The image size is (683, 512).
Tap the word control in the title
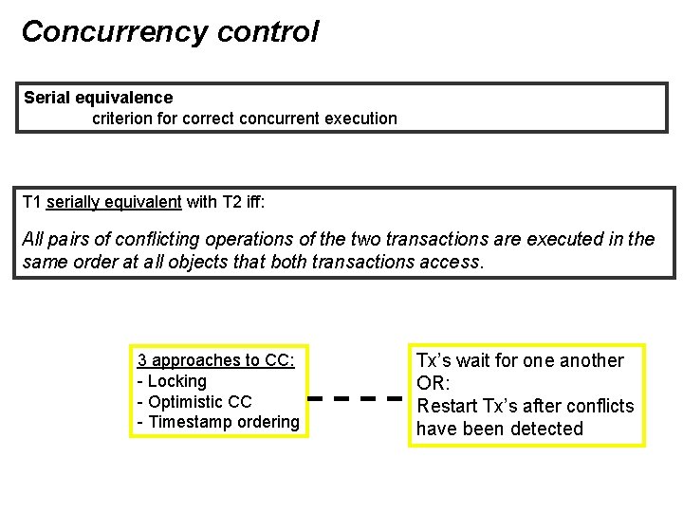coord(268,32)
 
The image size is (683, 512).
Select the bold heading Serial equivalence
coord(98,98)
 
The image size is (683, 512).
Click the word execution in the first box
coord(360,119)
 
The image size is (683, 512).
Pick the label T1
coord(32,201)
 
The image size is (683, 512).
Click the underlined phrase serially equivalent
coord(114,201)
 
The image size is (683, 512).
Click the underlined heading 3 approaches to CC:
coord(216,360)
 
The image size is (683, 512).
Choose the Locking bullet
coord(175,381)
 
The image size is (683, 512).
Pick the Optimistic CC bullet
coord(194,401)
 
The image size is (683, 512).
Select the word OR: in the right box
coord(434,383)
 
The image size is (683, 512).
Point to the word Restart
coord(449,406)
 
